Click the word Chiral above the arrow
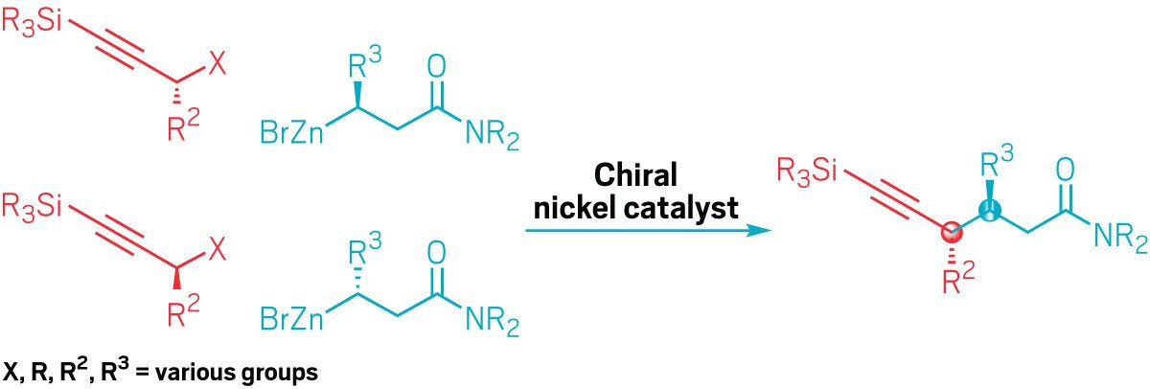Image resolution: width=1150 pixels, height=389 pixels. (636, 176)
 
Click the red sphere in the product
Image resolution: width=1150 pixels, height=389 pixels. (950, 232)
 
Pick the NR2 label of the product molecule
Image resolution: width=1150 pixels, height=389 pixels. (1117, 240)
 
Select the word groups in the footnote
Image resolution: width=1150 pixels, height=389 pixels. (279, 373)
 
